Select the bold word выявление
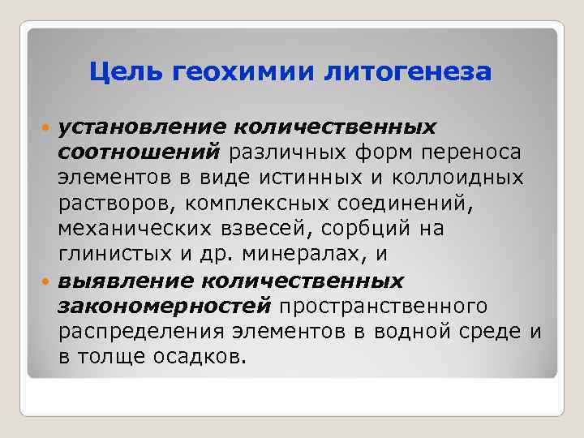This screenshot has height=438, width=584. [123, 280]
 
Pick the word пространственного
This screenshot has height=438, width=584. [383, 305]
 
